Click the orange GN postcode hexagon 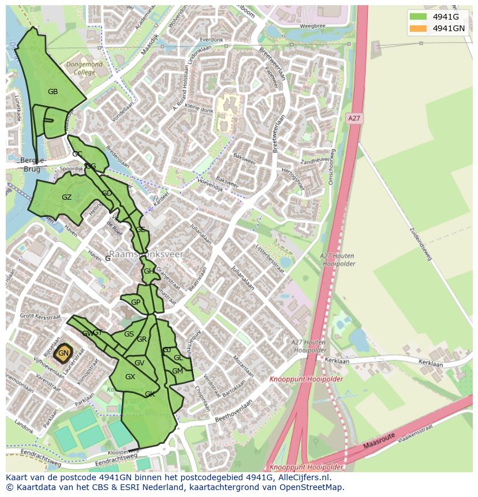pos(64,353)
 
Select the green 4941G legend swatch pos(418,17)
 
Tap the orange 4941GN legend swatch pos(418,28)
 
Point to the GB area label pos(53,92)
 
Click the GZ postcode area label pos(66,197)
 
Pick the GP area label pos(136,302)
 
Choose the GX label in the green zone pos(130,377)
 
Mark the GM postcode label pos(177,371)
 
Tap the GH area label pos(148,271)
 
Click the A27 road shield pos(354,118)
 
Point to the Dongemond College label pos(84,69)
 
